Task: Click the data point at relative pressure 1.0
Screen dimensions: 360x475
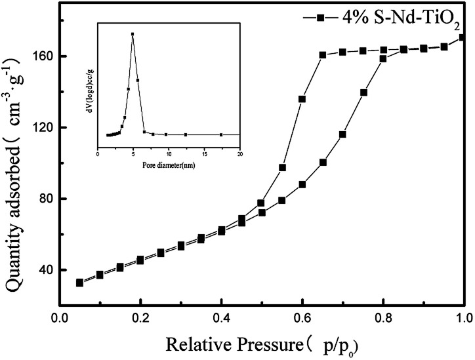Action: (x=463, y=37)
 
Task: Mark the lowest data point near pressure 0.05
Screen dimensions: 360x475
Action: (x=79, y=283)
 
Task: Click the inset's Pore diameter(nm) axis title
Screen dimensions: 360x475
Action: (x=168, y=165)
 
